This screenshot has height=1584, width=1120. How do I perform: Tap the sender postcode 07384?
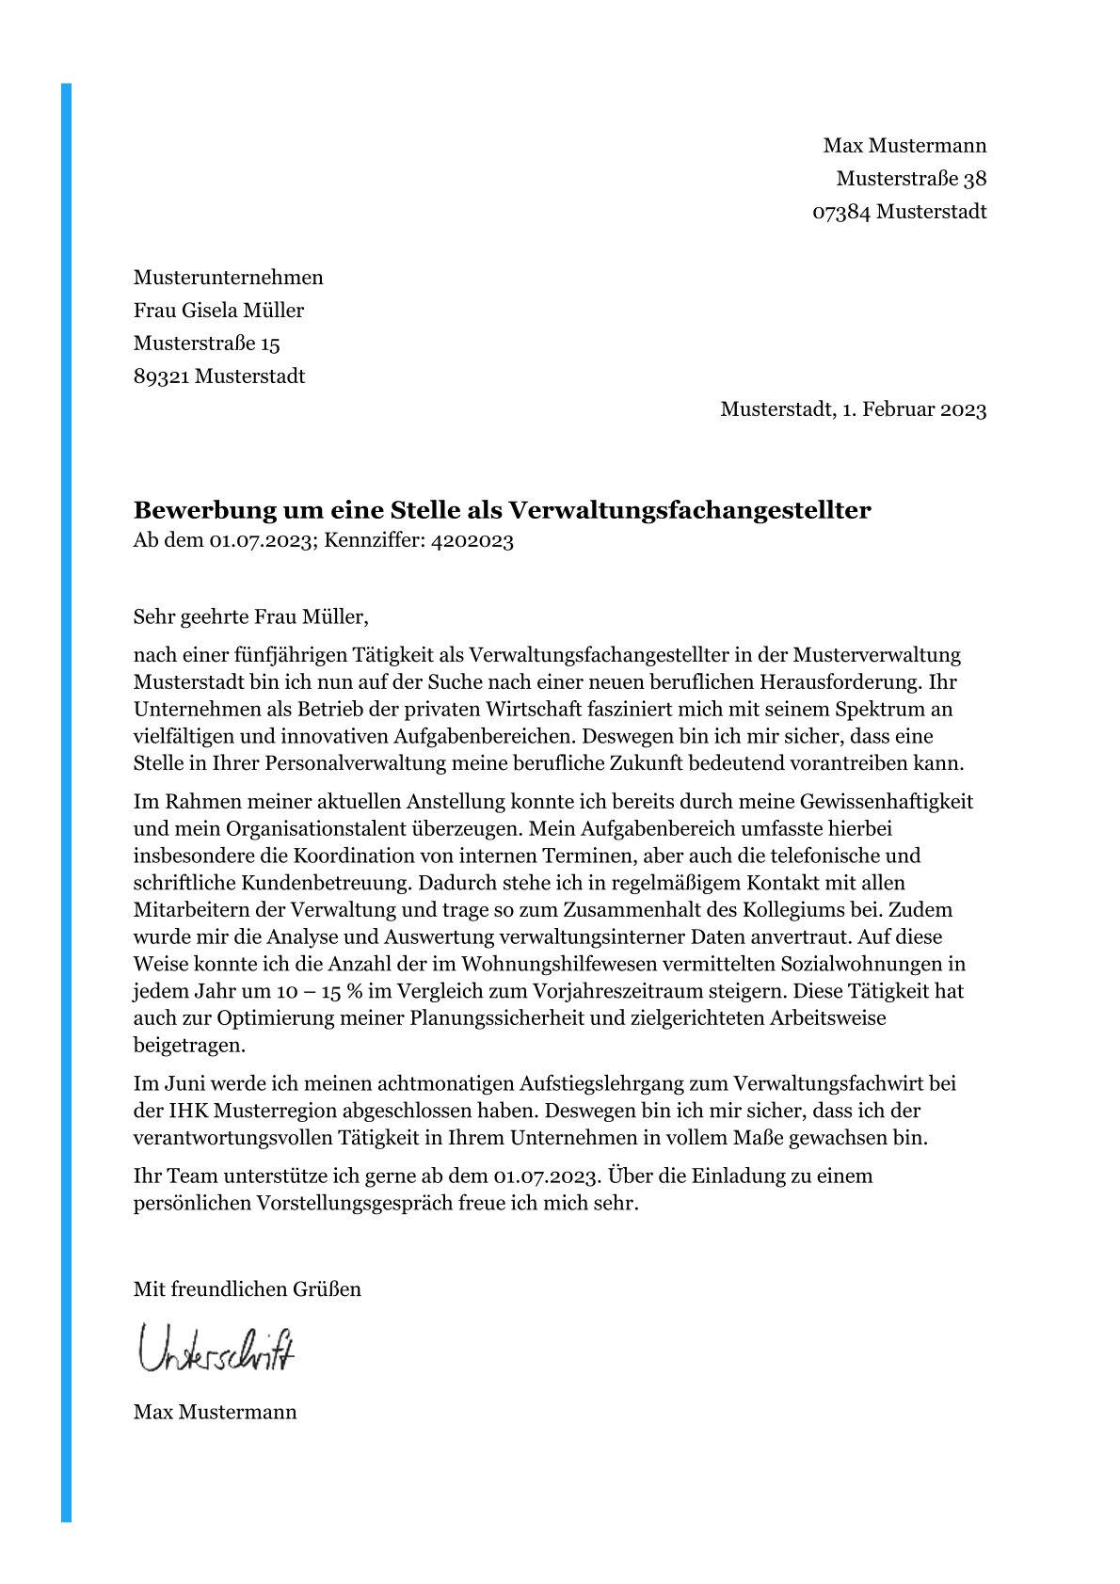tap(841, 212)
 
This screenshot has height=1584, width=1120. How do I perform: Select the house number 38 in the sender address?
tap(975, 179)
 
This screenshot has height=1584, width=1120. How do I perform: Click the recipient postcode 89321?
tap(161, 376)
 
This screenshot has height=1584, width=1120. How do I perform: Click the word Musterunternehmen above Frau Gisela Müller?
tap(228, 278)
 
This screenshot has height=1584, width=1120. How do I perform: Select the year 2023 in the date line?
tap(963, 409)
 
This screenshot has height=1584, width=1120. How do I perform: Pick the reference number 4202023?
tap(472, 541)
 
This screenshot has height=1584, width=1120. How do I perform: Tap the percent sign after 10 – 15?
tap(354, 991)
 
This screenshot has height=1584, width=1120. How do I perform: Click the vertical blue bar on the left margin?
tap(66, 800)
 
